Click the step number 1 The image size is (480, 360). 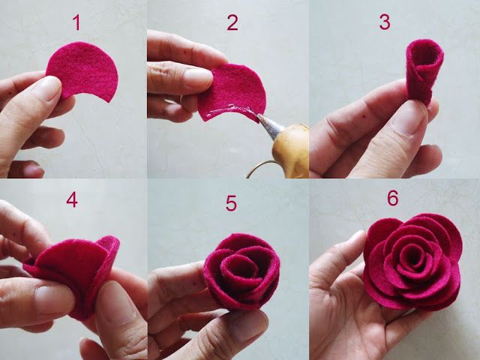pyautogui.click(x=76, y=22)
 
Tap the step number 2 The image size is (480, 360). pyautogui.click(x=232, y=22)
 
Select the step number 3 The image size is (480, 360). pyautogui.click(x=385, y=22)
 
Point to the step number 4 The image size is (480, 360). pyautogui.click(x=72, y=200)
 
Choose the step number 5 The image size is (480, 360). pyautogui.click(x=231, y=204)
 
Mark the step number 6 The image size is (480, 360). pyautogui.click(x=392, y=198)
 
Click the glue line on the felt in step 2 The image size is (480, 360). pyautogui.click(x=229, y=112)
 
